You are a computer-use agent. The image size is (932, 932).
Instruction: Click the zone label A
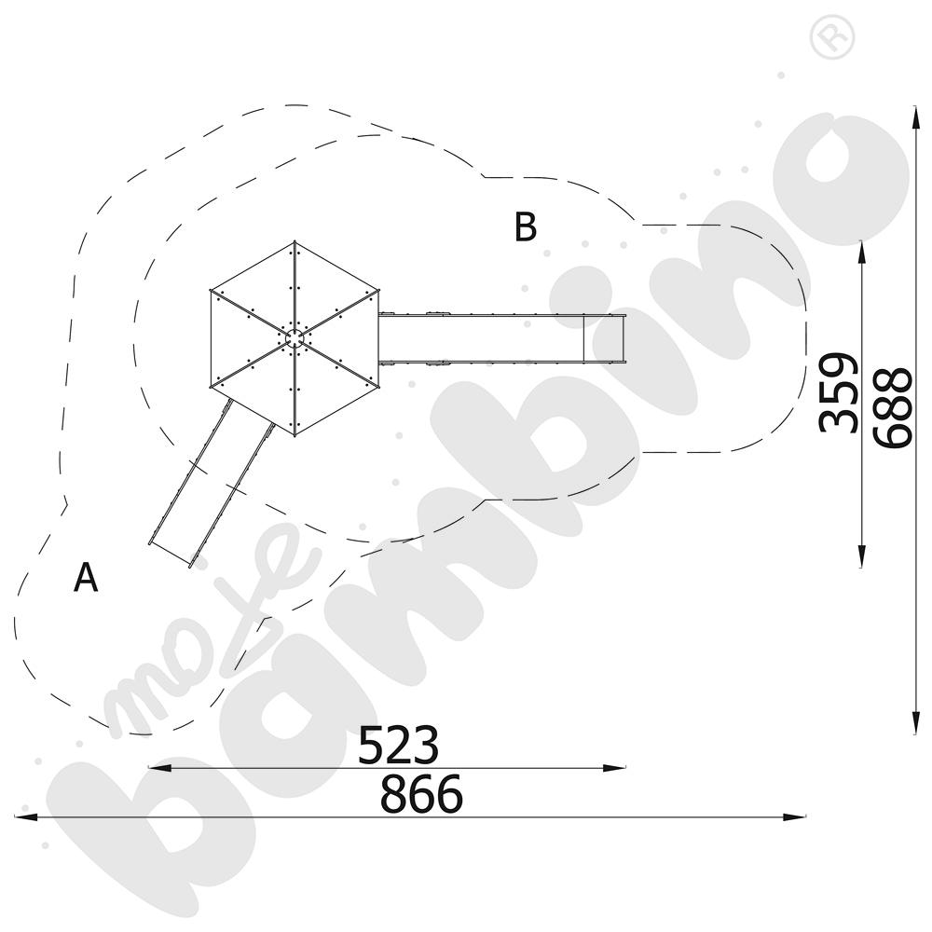click(x=86, y=577)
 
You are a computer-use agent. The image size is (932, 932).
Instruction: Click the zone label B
click(x=526, y=226)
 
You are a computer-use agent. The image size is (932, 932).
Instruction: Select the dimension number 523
click(x=398, y=744)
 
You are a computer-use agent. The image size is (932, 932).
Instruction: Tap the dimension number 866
click(x=421, y=793)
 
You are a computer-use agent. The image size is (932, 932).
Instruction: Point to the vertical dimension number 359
click(x=838, y=392)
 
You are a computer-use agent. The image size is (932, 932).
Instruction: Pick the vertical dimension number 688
click(x=892, y=407)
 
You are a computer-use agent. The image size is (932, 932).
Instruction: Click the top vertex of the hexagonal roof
click(x=295, y=241)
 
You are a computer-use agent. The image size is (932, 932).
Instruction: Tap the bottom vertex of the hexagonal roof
click(x=295, y=435)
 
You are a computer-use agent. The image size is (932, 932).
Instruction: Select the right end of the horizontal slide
click(x=624, y=337)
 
